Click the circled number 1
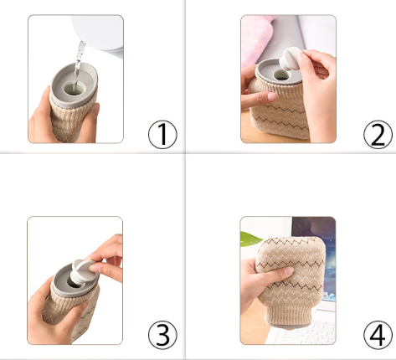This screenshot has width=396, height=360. pos(162,134)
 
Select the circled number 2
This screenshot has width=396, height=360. pos(378,134)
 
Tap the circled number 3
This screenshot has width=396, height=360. pos(162,335)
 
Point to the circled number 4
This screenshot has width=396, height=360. pos(378,335)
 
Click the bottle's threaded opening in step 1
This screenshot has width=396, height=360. pos(73,89)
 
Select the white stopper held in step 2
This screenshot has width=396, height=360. pos(291,59)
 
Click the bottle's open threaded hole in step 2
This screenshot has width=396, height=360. pos(281,75)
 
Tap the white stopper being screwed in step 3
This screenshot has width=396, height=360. pos(82,270)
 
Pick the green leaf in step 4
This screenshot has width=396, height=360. pos(250,239)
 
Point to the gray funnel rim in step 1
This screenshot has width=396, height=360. pos(74,85)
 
